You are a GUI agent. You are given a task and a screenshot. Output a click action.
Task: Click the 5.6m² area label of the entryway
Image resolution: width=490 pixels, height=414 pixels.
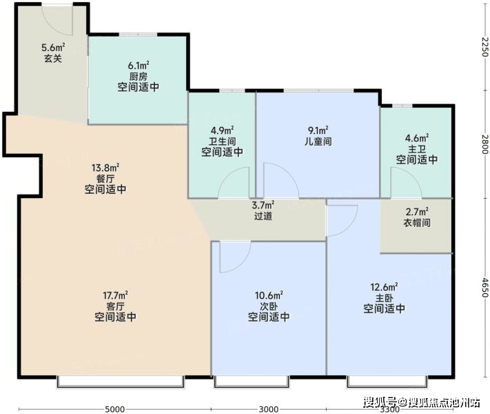53,48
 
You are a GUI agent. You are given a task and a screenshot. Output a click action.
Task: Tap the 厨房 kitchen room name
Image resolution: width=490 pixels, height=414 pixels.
138,77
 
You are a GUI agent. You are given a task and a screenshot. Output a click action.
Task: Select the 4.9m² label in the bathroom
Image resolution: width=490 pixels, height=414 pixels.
222,130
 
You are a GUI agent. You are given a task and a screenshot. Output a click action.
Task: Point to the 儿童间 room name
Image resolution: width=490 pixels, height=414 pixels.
318,141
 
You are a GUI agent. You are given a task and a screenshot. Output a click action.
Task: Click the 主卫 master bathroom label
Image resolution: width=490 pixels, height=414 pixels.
417,149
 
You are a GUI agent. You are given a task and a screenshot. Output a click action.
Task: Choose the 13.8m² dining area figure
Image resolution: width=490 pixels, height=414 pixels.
105,168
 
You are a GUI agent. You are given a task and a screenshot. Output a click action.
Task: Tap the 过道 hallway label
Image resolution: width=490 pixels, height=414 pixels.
263,216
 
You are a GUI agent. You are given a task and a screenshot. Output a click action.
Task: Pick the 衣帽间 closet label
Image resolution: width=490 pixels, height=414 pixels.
417,223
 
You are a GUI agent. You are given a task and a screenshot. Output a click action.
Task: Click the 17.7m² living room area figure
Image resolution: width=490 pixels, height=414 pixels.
115,295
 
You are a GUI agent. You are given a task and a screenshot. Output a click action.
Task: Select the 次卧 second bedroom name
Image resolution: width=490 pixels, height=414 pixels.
269,306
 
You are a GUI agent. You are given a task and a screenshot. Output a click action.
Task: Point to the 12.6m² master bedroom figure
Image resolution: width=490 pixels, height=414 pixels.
384,287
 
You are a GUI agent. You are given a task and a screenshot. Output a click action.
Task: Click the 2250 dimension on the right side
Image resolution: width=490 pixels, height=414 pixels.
484,47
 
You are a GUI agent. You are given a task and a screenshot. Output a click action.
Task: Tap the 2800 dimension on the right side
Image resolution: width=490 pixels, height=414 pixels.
484,144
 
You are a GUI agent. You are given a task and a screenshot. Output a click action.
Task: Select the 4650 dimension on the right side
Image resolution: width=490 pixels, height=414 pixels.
484,287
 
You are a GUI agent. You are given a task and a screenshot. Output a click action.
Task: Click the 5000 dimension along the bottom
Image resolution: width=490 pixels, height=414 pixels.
114,409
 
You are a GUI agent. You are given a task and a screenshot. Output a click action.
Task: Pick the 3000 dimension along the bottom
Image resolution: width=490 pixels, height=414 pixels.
269,409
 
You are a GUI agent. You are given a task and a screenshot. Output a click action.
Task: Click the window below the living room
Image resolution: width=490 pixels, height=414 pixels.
121,382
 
